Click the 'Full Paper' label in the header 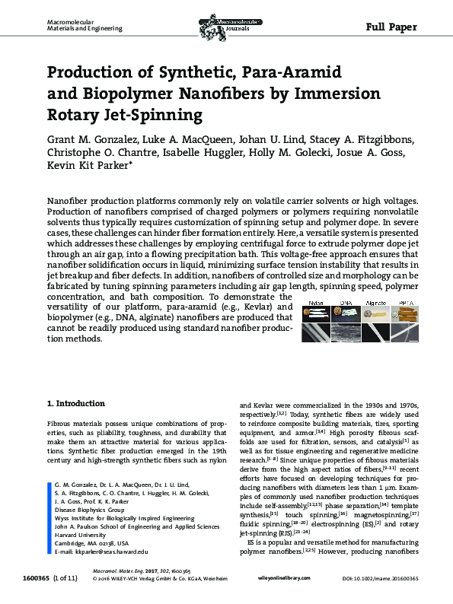[x=391, y=27]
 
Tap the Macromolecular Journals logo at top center [x=226, y=15]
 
